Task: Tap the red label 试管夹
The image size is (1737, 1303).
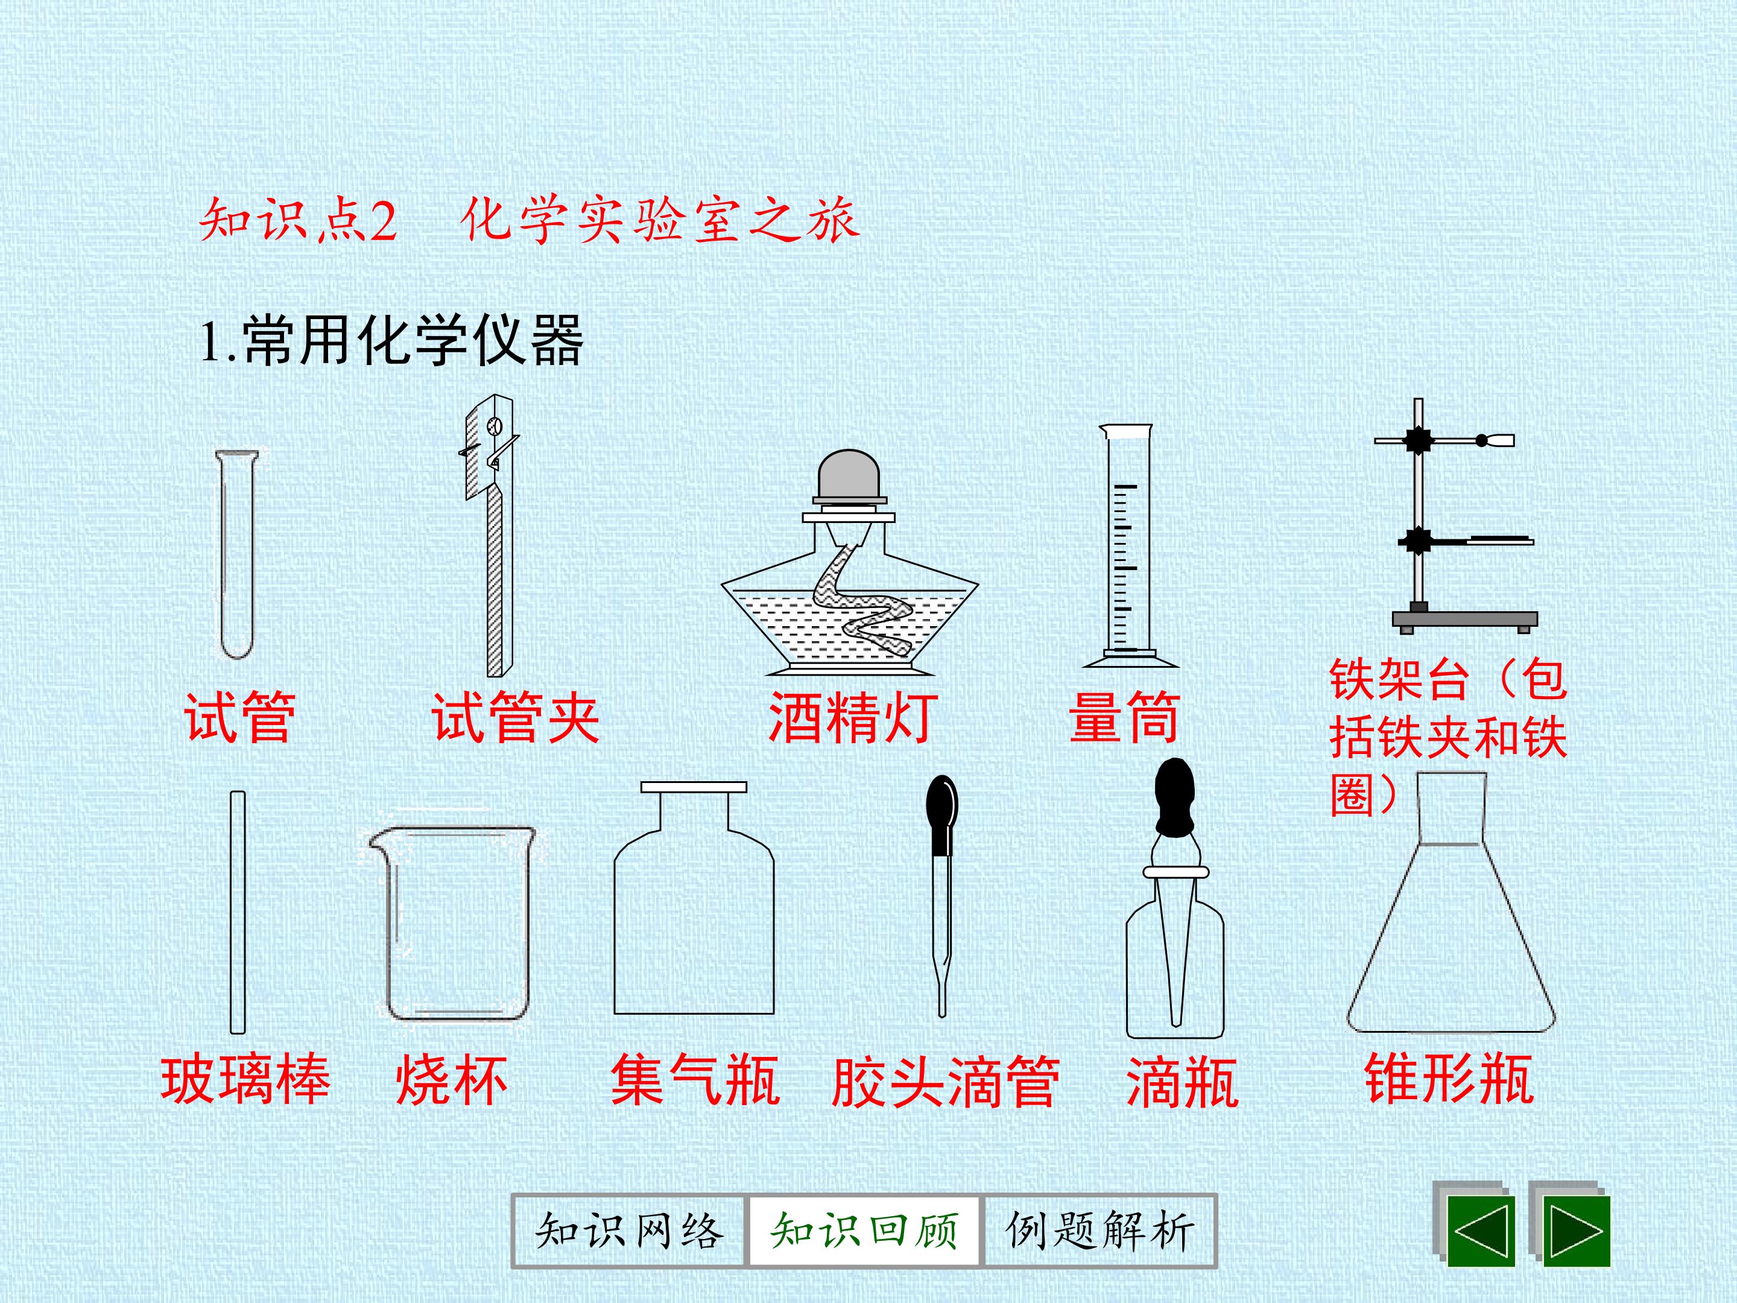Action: coord(516,717)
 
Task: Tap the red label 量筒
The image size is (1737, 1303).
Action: coord(1124,717)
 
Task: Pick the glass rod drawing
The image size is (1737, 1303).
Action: coord(237,912)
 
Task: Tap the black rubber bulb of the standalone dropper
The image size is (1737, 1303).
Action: coord(941,814)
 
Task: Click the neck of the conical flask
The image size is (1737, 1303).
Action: coord(1451,808)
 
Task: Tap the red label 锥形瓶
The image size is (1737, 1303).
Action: coord(1449,1079)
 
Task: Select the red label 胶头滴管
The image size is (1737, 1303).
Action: coord(946,1082)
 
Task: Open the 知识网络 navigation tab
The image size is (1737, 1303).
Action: coord(628,1231)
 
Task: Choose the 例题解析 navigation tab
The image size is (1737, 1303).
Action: coord(1099,1231)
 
